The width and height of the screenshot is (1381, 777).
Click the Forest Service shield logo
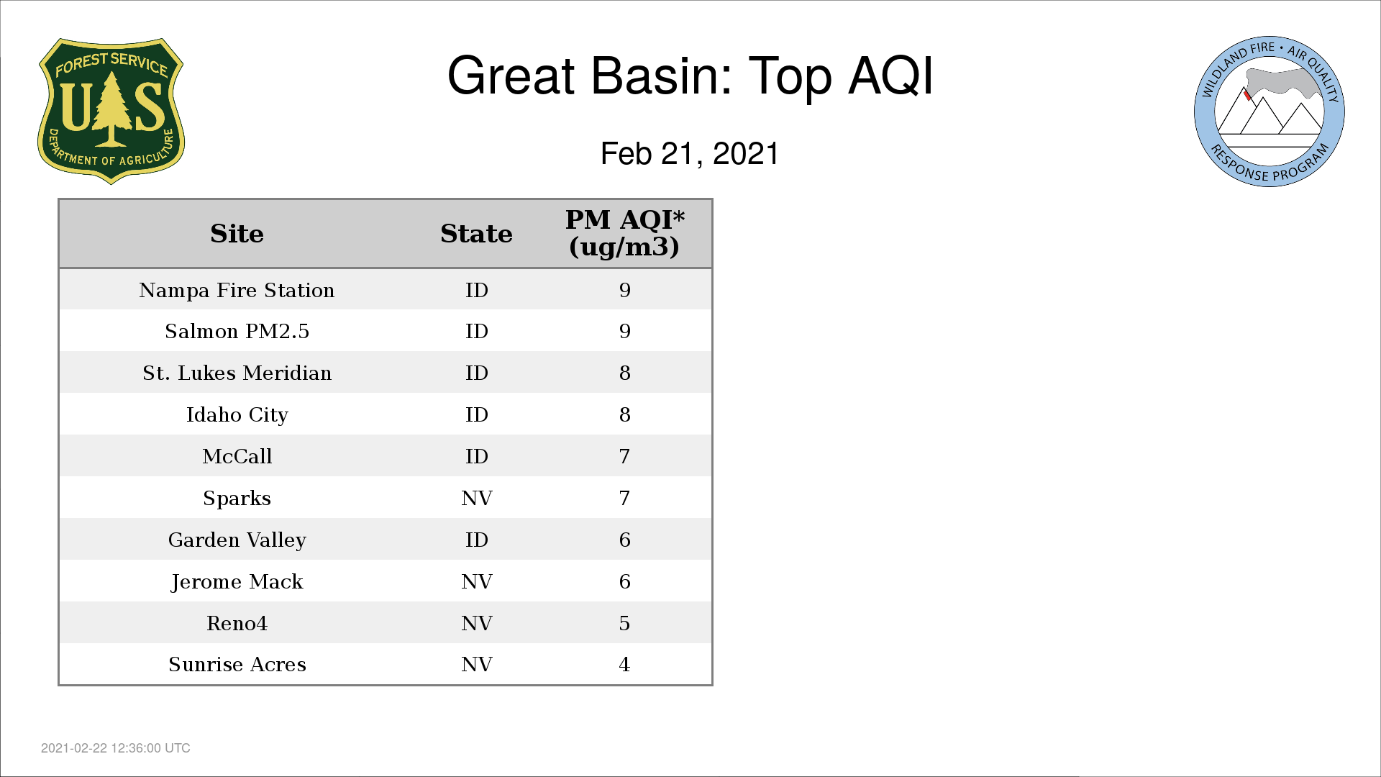click(x=111, y=112)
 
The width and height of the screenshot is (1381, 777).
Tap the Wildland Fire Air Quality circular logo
click(x=1270, y=112)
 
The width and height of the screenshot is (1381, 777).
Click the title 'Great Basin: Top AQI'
click(x=690, y=76)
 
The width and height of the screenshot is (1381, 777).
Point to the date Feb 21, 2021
click(x=690, y=154)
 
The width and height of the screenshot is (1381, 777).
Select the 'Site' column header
click(x=237, y=234)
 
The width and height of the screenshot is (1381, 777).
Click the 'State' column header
click(x=476, y=234)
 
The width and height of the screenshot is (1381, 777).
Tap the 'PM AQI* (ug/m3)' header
click(x=624, y=233)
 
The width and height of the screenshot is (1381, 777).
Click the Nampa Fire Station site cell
click(x=237, y=290)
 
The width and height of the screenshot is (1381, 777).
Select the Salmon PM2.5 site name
click(x=237, y=331)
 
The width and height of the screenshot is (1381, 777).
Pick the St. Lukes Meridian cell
click(x=237, y=373)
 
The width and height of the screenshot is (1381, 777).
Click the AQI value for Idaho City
click(x=624, y=414)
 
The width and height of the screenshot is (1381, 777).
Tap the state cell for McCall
click(x=476, y=456)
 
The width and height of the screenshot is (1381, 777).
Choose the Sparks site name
click(x=237, y=498)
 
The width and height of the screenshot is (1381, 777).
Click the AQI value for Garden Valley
click(x=624, y=540)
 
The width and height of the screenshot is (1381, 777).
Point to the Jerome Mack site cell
click(x=237, y=581)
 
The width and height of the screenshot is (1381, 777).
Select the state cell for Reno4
click(x=476, y=623)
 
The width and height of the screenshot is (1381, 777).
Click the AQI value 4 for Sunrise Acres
click(x=624, y=664)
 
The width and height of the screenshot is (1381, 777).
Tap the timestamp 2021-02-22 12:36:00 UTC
click(x=116, y=748)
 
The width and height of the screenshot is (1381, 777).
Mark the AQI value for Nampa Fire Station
click(x=624, y=290)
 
